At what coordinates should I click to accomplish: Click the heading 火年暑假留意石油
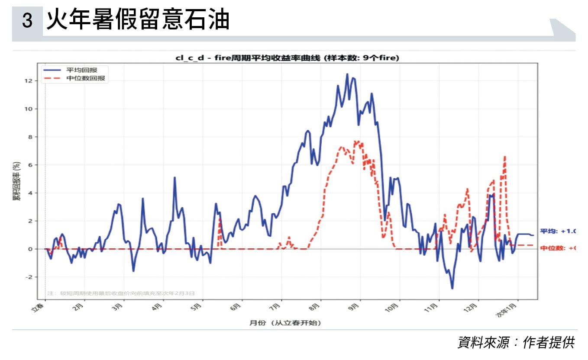(137, 20)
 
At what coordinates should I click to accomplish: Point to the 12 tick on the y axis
(37, 80)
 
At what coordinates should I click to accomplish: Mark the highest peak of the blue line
(347, 74)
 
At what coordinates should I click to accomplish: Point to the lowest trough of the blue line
(452, 289)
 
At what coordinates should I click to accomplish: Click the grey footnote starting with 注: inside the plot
(121, 293)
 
